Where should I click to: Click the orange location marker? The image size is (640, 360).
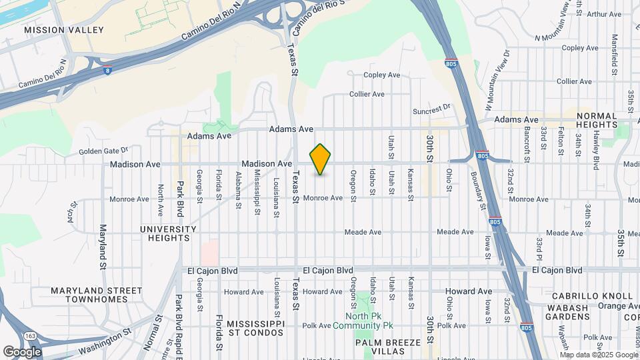tap(321, 159)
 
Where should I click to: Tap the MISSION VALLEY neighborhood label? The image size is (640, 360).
tap(64, 30)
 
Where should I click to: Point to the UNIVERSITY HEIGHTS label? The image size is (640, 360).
tap(169, 233)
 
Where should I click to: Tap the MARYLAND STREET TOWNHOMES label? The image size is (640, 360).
tap(97, 295)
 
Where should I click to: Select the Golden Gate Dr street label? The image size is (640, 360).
tap(103, 151)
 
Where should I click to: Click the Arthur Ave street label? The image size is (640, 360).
tap(604, 13)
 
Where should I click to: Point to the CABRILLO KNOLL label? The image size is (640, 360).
tap(592, 295)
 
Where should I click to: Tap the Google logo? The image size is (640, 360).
tap(21, 352)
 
